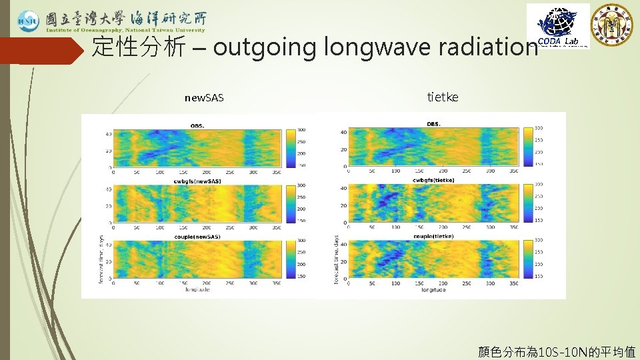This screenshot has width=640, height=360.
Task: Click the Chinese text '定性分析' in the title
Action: [139, 47]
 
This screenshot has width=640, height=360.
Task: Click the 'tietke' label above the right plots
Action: [443, 97]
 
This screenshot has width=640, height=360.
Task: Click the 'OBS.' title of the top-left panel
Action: [198, 125]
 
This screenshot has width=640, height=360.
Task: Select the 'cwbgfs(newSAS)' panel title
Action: [197, 181]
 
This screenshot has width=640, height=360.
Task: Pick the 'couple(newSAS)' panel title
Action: [197, 237]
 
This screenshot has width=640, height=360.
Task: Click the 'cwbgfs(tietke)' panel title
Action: [433, 180]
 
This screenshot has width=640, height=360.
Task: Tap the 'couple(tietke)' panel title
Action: [433, 236]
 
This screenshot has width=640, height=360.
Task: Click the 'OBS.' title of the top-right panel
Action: [433, 123]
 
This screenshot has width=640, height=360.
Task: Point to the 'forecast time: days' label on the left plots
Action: [101, 259]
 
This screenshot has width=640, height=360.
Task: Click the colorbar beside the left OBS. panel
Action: [291, 147]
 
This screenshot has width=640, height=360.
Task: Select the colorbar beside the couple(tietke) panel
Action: [528, 258]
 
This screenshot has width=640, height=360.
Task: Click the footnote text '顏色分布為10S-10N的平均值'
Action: [557, 351]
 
